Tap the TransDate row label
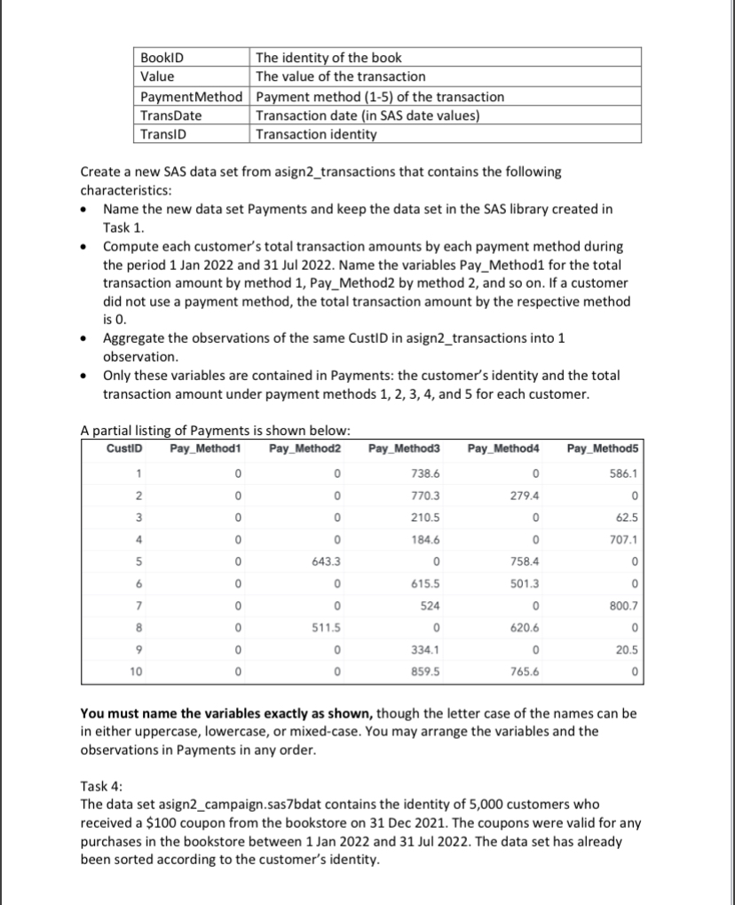pos(171,115)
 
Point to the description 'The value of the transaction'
pos(340,76)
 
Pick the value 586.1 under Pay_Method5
pos(618,476)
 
